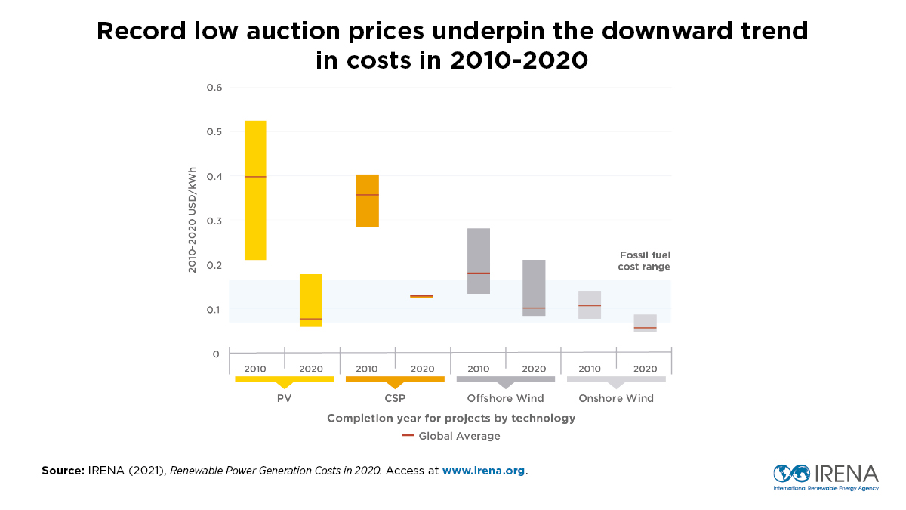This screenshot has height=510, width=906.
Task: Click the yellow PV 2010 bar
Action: click(255, 190)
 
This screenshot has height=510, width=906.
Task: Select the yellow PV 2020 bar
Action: click(311, 300)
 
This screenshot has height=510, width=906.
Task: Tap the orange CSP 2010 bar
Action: click(367, 200)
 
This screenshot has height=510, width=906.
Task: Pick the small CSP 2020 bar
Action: click(421, 296)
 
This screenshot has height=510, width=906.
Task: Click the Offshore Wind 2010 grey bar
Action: click(479, 261)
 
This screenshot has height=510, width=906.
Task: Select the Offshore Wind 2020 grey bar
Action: click(534, 287)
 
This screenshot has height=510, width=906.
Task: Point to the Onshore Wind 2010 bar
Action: click(590, 304)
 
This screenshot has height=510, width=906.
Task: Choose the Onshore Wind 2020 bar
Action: click(645, 323)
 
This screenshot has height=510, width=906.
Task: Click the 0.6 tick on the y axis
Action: click(214, 88)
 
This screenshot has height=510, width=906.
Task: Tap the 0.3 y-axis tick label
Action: click(214, 221)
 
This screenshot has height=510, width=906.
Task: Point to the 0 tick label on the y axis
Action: click(216, 354)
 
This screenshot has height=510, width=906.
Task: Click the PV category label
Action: click(284, 398)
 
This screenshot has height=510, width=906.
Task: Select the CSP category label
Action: click(395, 398)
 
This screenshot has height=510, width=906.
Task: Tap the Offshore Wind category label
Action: click(505, 398)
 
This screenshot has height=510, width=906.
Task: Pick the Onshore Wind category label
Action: click(616, 398)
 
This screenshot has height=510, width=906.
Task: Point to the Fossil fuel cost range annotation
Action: click(645, 261)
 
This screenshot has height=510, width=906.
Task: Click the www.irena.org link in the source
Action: click(483, 471)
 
